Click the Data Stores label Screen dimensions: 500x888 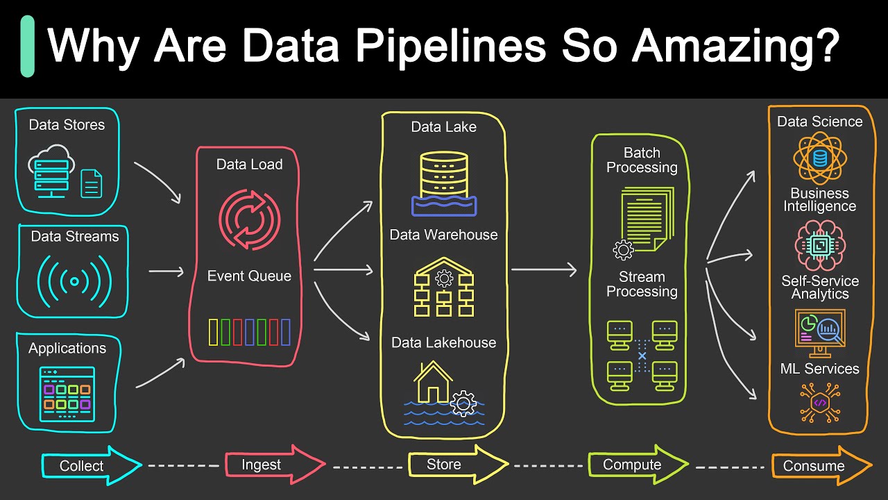(x=67, y=125)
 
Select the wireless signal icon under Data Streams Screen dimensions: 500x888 (x=74, y=281)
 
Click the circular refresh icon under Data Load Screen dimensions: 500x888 (x=249, y=219)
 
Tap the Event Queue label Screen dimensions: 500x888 (x=249, y=276)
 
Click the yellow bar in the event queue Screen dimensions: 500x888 (x=214, y=332)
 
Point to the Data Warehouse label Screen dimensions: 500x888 (x=443, y=235)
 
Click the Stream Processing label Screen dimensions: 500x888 (x=642, y=284)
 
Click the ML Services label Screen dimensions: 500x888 (x=819, y=369)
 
